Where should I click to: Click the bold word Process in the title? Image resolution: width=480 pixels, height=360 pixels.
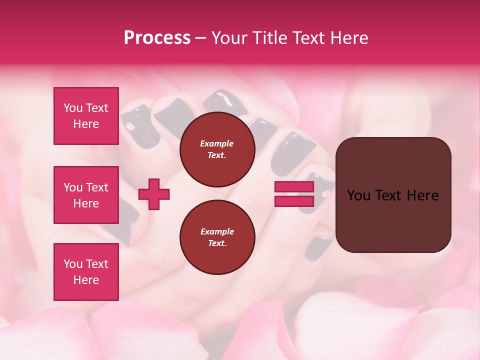(157, 37)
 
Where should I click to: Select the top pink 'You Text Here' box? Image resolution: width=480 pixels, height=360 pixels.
(86, 116)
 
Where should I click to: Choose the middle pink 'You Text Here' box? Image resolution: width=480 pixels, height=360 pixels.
(86, 195)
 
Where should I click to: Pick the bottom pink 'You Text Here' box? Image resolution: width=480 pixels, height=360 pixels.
(86, 271)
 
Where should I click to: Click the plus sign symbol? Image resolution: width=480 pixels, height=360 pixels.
(154, 194)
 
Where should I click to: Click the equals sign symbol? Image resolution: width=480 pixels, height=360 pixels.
(294, 194)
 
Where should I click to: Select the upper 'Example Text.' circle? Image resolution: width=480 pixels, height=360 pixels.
(216, 149)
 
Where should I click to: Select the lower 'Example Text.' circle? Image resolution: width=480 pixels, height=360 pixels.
(216, 237)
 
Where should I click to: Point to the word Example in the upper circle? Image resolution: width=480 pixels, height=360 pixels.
(216, 143)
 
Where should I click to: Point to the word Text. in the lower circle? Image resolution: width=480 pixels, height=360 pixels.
(216, 243)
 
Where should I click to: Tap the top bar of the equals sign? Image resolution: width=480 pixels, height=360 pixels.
(294, 187)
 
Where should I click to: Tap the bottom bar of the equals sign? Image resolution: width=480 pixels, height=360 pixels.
(294, 201)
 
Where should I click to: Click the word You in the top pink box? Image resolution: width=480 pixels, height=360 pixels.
(73, 108)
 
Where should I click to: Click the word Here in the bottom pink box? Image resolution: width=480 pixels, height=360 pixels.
(86, 280)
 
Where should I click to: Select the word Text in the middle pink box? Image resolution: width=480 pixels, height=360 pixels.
(96, 187)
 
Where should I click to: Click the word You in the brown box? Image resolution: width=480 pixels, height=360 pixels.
(359, 195)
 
